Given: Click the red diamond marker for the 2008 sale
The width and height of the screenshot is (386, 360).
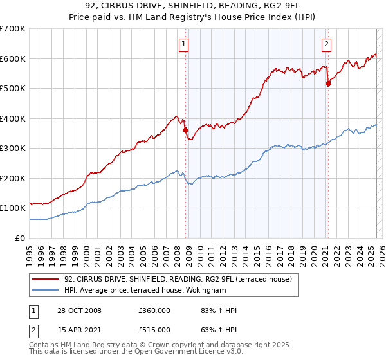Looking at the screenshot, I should (x=186, y=130).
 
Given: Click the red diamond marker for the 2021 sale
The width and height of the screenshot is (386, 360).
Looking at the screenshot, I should (x=328, y=84).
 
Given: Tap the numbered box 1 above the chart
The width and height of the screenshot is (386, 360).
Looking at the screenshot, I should (x=184, y=44).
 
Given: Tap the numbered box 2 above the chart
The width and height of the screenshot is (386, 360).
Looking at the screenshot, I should (x=326, y=44).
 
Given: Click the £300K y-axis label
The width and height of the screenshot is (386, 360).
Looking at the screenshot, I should (x=13, y=148).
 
